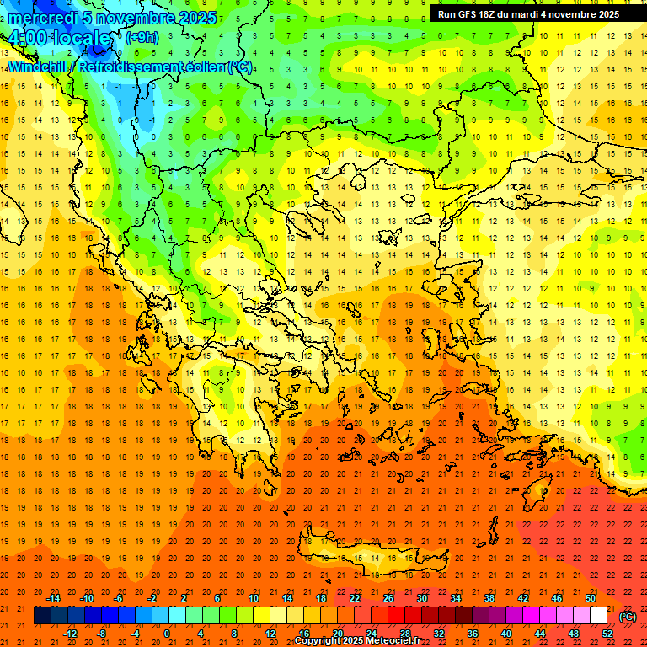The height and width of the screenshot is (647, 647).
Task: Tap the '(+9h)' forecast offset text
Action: pos(141,37)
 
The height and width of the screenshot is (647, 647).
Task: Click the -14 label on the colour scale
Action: pos(54,598)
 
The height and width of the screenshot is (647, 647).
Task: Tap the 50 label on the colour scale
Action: pos(590,598)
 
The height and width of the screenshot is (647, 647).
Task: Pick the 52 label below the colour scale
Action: pos(607,634)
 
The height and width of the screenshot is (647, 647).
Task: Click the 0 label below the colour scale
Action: pos(167,634)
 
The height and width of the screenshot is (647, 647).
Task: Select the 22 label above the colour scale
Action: pos(355,598)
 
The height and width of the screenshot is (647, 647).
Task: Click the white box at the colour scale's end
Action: pos(598,616)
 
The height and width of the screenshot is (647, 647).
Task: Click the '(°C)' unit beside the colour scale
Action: pos(628,617)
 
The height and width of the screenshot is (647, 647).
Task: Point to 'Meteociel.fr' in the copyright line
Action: pos(393,641)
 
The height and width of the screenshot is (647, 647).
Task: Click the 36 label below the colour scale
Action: pos(473,634)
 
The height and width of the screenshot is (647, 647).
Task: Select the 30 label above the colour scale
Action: pos(421,598)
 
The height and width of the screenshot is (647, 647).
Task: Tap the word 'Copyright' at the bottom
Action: pos(319,641)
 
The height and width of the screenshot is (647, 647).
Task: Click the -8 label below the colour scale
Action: pos(102,634)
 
